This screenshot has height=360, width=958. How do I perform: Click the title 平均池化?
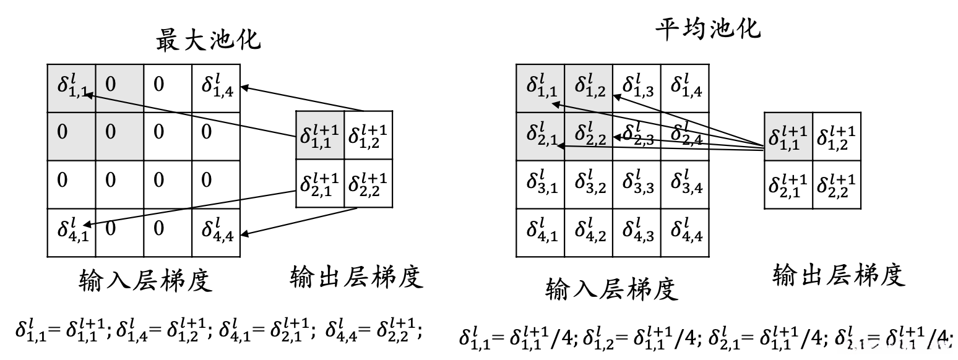click(x=708, y=28)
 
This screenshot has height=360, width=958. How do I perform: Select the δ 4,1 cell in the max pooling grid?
click(x=71, y=232)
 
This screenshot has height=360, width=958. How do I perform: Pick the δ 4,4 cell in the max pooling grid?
click(x=215, y=232)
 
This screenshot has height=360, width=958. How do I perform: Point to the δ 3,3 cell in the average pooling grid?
click(x=637, y=184)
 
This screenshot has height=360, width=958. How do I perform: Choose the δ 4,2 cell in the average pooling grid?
click(x=589, y=232)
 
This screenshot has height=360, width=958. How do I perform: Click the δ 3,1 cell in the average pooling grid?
click(x=540, y=184)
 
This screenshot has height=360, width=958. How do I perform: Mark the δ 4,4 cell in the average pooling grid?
click(x=685, y=232)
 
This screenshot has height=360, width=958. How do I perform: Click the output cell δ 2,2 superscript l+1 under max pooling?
click(x=368, y=183)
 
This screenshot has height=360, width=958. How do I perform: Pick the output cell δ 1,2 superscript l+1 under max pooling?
click(x=368, y=135)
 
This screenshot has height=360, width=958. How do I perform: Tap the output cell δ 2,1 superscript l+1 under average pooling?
click(x=788, y=184)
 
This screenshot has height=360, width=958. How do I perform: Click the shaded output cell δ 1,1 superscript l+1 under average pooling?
click(x=788, y=137)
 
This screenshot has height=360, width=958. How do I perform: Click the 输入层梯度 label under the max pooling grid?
click(x=146, y=280)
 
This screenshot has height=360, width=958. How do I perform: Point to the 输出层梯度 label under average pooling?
click(x=839, y=275)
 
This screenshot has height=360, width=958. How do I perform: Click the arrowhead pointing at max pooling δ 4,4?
click(x=246, y=234)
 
